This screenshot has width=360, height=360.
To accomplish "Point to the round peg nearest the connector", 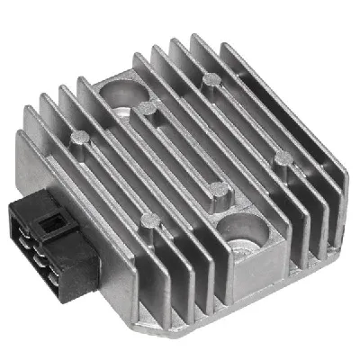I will coord(79,138).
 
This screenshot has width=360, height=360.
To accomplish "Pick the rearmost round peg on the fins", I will coord(211,80).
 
